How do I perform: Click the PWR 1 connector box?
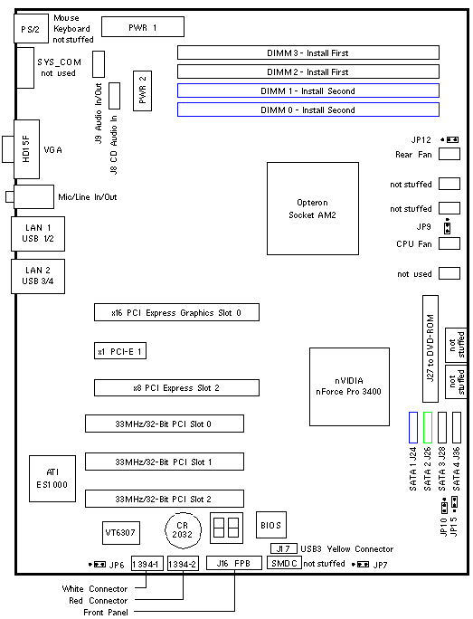pyautogui.click(x=143, y=27)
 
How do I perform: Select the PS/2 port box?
pyautogui.click(x=31, y=28)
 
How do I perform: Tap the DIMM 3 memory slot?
pyautogui.click(x=308, y=52)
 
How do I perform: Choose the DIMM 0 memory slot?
pyautogui.click(x=308, y=110)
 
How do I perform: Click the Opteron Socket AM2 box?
pyautogui.click(x=313, y=208)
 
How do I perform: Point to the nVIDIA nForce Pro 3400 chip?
pyautogui.click(x=349, y=386)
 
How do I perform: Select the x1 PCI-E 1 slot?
pyautogui.click(x=120, y=350)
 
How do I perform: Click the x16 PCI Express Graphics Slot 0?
pyautogui.click(x=176, y=312)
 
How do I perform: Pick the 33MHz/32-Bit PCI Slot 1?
pyautogui.click(x=165, y=462)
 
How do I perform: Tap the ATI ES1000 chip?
pyautogui.click(x=52, y=479)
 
